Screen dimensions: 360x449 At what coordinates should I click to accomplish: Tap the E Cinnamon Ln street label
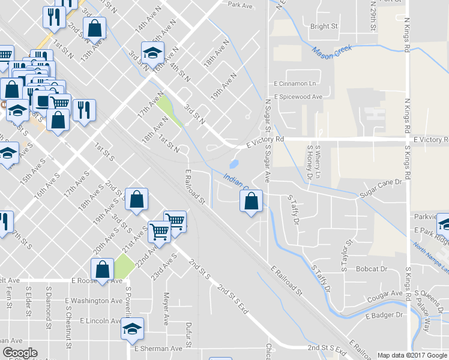[x=295, y=83]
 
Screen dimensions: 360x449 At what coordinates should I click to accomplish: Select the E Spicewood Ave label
[x=298, y=97]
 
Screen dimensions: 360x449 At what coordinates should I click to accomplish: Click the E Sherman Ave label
[x=158, y=349]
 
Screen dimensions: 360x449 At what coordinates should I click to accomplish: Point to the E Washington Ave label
[x=96, y=301]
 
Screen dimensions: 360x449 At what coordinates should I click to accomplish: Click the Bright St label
[x=324, y=27]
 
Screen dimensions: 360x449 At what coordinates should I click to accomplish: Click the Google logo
[x=20, y=353]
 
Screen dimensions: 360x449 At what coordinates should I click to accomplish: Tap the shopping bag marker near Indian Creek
[x=252, y=202]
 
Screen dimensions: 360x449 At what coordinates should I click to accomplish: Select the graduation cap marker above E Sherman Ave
[x=133, y=329]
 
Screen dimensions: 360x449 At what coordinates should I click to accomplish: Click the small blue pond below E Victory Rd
[x=234, y=163]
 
